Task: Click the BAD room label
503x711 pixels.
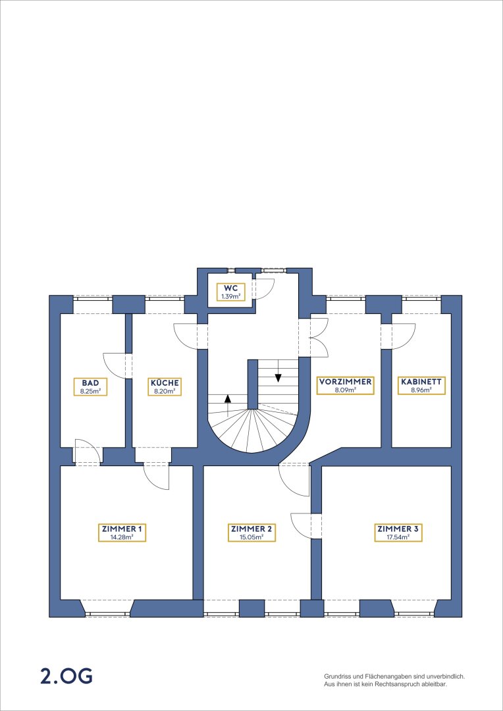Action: click(x=91, y=386)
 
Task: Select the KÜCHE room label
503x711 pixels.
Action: click(x=165, y=386)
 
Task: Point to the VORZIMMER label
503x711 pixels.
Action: click(x=345, y=385)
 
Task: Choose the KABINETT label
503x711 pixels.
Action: click(x=421, y=385)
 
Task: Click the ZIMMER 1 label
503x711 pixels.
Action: click(x=122, y=533)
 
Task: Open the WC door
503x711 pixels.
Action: click(x=263, y=289)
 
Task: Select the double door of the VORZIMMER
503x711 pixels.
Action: click(x=317, y=338)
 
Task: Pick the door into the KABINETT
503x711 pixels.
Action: click(x=404, y=336)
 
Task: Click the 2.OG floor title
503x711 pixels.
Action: click(x=66, y=676)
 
